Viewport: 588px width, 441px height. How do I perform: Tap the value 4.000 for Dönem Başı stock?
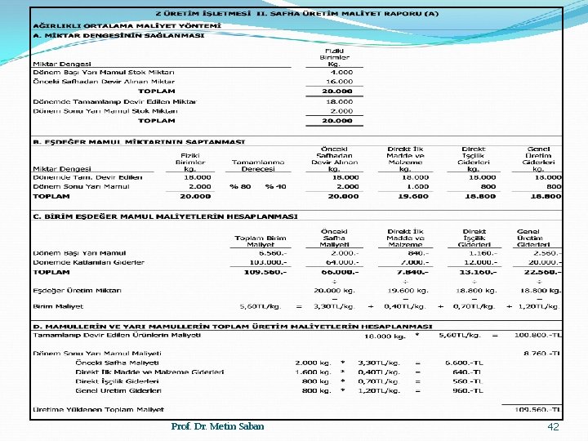pyautogui.click(x=341, y=72)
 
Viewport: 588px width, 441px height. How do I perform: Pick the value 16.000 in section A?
pyautogui.click(x=340, y=82)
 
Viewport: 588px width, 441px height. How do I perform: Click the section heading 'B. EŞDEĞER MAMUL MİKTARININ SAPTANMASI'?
pyautogui.click(x=139, y=141)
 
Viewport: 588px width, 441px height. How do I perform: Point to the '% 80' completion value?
pyautogui.click(x=240, y=186)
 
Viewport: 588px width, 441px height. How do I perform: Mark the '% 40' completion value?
pyautogui.click(x=275, y=186)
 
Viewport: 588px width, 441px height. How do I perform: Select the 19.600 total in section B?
pyautogui.click(x=414, y=196)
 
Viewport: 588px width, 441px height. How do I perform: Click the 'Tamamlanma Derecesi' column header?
pyautogui.click(x=258, y=166)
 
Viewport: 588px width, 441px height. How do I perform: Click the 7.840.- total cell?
pyautogui.click(x=412, y=272)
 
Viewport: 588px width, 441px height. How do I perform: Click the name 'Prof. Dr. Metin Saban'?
pyautogui.click(x=217, y=427)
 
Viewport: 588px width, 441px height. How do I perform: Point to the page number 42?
pyautogui.click(x=554, y=427)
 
